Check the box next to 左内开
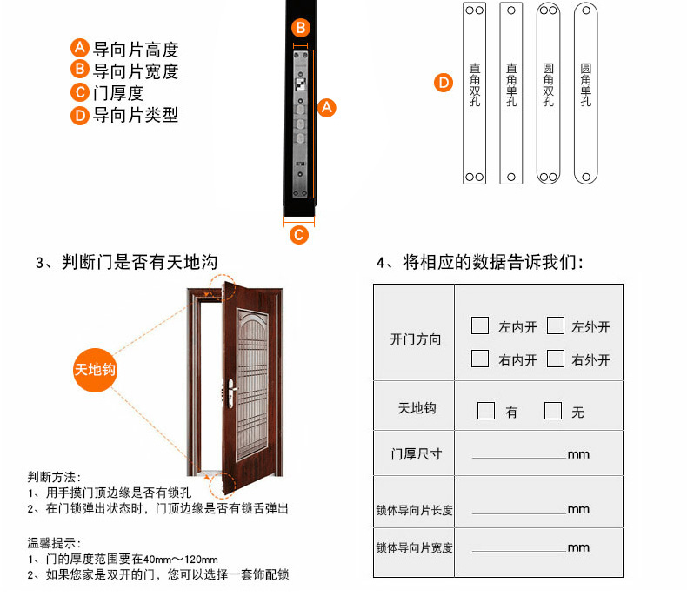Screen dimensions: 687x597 (480, 325)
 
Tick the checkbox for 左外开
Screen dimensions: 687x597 (556, 325)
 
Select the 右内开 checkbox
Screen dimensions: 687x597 (480, 359)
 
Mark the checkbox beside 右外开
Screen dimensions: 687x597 (556, 359)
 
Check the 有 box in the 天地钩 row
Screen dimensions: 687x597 (486, 411)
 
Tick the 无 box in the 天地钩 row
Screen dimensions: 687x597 (553, 411)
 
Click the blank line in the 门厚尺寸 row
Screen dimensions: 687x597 (519, 458)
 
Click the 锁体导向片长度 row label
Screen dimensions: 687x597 (414, 510)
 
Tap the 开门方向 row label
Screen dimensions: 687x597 (416, 339)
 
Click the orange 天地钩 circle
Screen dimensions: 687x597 (95, 370)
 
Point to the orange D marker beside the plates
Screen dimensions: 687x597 (444, 83)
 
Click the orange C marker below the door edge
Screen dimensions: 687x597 (299, 235)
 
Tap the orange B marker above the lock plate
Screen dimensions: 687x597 (301, 28)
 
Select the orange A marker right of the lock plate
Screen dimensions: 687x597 (326, 108)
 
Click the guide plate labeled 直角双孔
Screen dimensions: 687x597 (475, 93)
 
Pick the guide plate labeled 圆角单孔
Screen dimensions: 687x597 (586, 93)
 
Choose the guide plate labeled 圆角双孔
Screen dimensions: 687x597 (549, 93)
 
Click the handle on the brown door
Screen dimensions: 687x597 (231, 392)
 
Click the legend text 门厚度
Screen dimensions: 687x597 (118, 93)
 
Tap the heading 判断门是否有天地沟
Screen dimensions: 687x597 (140, 262)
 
